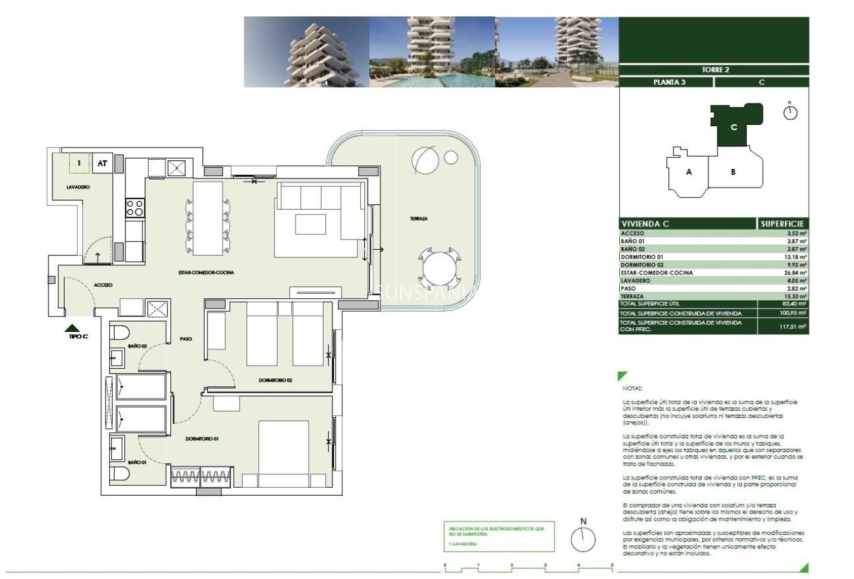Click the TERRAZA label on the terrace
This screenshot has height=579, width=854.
[418, 219]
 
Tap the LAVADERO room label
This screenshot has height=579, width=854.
[78, 187]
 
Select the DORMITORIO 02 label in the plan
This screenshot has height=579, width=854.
[275, 380]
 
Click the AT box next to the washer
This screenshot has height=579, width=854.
[102, 164]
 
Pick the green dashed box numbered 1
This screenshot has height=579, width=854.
[80, 164]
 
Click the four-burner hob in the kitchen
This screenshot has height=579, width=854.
[135, 208]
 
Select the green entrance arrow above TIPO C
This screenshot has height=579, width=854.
[73, 328]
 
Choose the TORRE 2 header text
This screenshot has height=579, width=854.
[715, 70]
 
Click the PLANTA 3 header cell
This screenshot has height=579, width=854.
[666, 82]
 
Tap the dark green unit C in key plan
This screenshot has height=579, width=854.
[733, 127]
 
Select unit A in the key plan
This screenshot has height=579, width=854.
[689, 172]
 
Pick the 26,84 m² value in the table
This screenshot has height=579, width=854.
[793, 273]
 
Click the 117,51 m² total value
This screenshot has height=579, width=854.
[793, 327]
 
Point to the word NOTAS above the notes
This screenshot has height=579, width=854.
[631, 389]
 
